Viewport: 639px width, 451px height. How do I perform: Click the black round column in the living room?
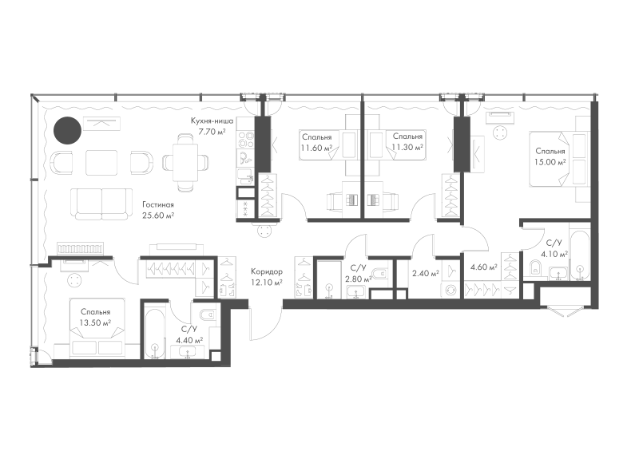[x=68, y=130]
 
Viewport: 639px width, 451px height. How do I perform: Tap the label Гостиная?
[x=157, y=205]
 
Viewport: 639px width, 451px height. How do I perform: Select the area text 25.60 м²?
[x=157, y=216]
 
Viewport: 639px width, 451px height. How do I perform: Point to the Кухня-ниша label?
[x=212, y=121]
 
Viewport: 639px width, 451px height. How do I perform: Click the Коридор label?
[x=267, y=271]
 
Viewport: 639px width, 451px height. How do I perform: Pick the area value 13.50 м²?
[x=96, y=323]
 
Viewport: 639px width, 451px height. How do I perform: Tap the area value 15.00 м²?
[x=550, y=162]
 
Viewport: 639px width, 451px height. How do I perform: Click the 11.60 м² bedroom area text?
[x=316, y=148]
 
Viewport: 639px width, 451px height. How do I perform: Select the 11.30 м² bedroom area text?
[x=407, y=148]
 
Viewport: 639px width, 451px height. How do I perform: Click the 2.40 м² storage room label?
[x=426, y=273]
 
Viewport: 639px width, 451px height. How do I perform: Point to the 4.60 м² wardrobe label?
[x=484, y=267]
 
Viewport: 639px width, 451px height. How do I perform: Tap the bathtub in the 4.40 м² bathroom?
[x=154, y=330]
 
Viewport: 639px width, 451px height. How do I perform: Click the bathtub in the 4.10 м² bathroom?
[x=580, y=255]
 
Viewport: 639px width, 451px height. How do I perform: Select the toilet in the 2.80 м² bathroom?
[x=383, y=273]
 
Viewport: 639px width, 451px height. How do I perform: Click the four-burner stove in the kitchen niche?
[x=245, y=140]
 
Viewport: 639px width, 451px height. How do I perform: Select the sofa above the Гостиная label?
[x=102, y=204]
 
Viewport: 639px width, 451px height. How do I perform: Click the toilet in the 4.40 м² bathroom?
[x=208, y=315]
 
